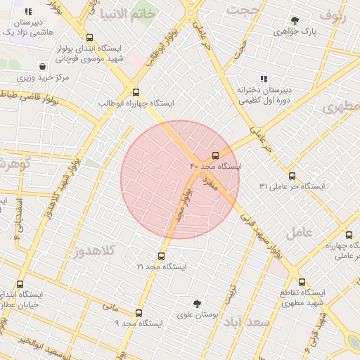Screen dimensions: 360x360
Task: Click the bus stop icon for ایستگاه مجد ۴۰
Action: [x=215, y=155]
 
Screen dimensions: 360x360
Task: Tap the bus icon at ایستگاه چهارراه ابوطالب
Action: [x=136, y=91]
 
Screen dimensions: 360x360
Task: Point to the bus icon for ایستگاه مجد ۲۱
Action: [x=162, y=256]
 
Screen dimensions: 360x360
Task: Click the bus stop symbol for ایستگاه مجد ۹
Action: [x=138, y=313]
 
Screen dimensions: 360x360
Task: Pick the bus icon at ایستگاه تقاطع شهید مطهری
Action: [x=302, y=281]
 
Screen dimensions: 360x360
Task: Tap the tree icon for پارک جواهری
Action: [x=294, y=20]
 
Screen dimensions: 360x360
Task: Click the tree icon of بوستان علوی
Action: [x=197, y=303]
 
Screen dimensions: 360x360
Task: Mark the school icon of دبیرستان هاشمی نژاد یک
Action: [x=28, y=11]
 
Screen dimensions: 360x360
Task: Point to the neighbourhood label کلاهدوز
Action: [x=96, y=250]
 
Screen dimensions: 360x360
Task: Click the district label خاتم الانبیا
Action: [x=127, y=14]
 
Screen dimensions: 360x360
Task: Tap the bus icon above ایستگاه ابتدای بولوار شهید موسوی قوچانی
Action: [x=89, y=38]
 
